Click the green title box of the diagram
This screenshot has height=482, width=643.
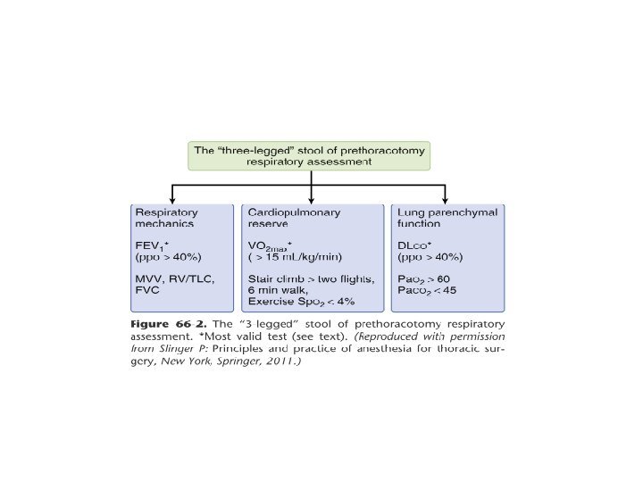pyautogui.click(x=310, y=155)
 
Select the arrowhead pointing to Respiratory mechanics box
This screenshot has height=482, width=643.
pyautogui.click(x=171, y=200)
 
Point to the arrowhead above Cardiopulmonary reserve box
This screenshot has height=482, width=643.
pyautogui.click(x=310, y=200)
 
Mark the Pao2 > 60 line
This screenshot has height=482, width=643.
pyautogui.click(x=425, y=278)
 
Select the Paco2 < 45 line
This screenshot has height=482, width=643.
pyautogui.click(x=429, y=290)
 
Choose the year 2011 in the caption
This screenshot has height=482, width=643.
pyautogui.click(x=279, y=364)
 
